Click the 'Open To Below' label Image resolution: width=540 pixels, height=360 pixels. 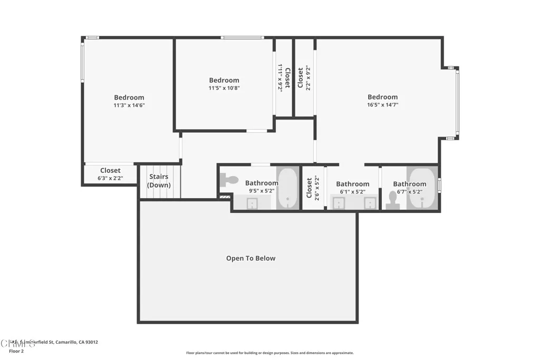pyautogui.click(x=250, y=258)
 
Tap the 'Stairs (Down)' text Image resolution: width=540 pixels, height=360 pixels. pyautogui.click(x=159, y=181)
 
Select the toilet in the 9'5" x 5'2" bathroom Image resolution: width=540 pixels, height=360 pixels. pyautogui.click(x=229, y=180)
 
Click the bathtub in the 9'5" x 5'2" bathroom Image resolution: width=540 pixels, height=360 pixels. pyautogui.click(x=287, y=189)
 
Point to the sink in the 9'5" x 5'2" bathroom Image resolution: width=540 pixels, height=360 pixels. pyautogui.click(x=252, y=203)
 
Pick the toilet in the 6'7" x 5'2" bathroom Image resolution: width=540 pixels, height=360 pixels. pyautogui.click(x=392, y=200)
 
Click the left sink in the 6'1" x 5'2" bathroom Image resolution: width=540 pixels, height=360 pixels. pyautogui.click(x=338, y=203)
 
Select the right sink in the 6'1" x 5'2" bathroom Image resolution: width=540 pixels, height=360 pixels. pyautogui.click(x=370, y=203)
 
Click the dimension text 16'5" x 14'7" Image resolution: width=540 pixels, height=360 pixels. pyautogui.click(x=382, y=105)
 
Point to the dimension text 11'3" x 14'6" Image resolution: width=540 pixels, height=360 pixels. pyautogui.click(x=129, y=105)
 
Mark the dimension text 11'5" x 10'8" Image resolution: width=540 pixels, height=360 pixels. pyautogui.click(x=224, y=89)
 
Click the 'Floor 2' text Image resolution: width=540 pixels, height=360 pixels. pyautogui.click(x=17, y=351)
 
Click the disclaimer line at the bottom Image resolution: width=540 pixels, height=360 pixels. pyautogui.click(x=269, y=353)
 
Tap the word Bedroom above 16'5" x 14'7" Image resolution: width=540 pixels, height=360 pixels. pyautogui.click(x=382, y=97)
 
